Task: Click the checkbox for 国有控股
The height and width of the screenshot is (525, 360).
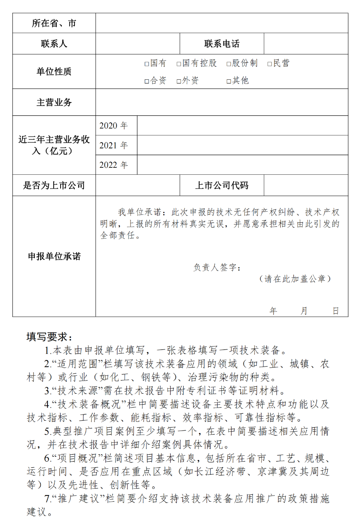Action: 179,64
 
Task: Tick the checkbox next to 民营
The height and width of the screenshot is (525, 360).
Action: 270,64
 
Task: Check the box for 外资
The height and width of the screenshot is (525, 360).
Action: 179,81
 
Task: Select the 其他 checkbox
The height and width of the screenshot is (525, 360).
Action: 229,81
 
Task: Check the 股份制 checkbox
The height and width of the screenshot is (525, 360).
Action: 229,64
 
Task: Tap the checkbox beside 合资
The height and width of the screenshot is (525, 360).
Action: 147,81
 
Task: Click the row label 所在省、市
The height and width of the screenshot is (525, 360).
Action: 54,23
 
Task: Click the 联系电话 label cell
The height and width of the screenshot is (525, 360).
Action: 222,44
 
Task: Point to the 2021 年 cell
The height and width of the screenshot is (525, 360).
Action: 114,145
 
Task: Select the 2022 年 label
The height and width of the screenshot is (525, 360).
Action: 114,165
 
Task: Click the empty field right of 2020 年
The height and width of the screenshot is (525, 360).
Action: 242,126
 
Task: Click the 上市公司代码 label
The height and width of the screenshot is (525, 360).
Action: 222,185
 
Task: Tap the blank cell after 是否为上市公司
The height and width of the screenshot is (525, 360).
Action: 138,185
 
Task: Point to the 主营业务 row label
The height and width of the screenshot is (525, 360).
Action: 54,102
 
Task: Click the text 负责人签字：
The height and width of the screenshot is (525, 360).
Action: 217,268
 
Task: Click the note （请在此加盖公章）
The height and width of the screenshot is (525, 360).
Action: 295,279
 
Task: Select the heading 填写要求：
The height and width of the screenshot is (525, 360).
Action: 49,337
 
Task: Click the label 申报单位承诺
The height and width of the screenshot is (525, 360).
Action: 54,257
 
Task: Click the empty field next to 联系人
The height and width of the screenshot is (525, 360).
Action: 138,44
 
